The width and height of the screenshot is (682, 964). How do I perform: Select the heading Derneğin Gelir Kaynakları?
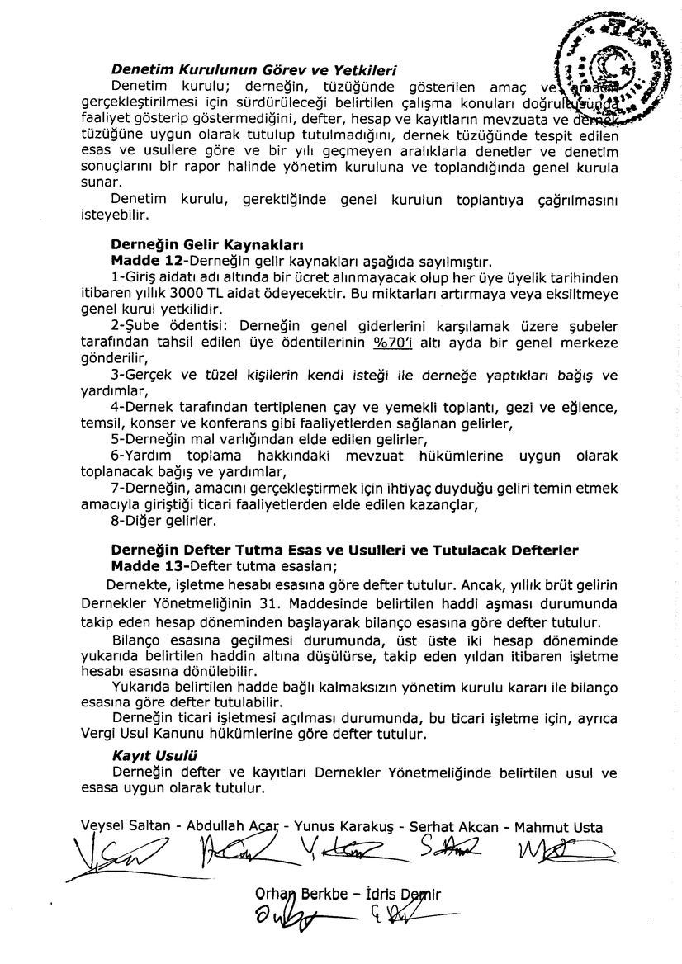tap(207, 245)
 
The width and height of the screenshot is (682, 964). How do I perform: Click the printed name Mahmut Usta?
tap(558, 826)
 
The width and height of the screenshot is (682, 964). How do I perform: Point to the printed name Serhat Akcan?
tap(457, 826)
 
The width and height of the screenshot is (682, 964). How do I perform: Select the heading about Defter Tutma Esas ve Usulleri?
tap(344, 551)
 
